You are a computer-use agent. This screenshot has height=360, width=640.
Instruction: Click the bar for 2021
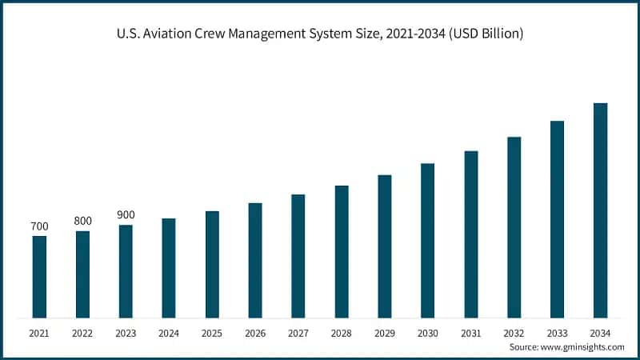39,277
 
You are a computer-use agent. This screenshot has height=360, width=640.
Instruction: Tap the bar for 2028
342,252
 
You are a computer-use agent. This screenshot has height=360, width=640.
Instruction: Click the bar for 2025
212,265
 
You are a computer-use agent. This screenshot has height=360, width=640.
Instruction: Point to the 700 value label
39,226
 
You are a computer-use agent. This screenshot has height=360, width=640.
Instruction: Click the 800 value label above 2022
82,221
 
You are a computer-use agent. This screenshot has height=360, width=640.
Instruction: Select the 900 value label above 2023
126,215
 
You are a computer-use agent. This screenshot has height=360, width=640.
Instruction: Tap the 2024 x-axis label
169,331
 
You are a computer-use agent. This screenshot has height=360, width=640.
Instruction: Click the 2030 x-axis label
428,331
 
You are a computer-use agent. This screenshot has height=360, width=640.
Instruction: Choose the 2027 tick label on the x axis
298,331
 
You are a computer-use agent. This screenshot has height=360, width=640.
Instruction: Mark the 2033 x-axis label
558,331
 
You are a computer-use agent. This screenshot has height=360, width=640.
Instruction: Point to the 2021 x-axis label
39,331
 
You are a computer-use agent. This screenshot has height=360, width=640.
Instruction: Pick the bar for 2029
385,246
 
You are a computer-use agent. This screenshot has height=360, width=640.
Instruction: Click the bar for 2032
514,227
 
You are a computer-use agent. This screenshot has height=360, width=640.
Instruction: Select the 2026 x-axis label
255,331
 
